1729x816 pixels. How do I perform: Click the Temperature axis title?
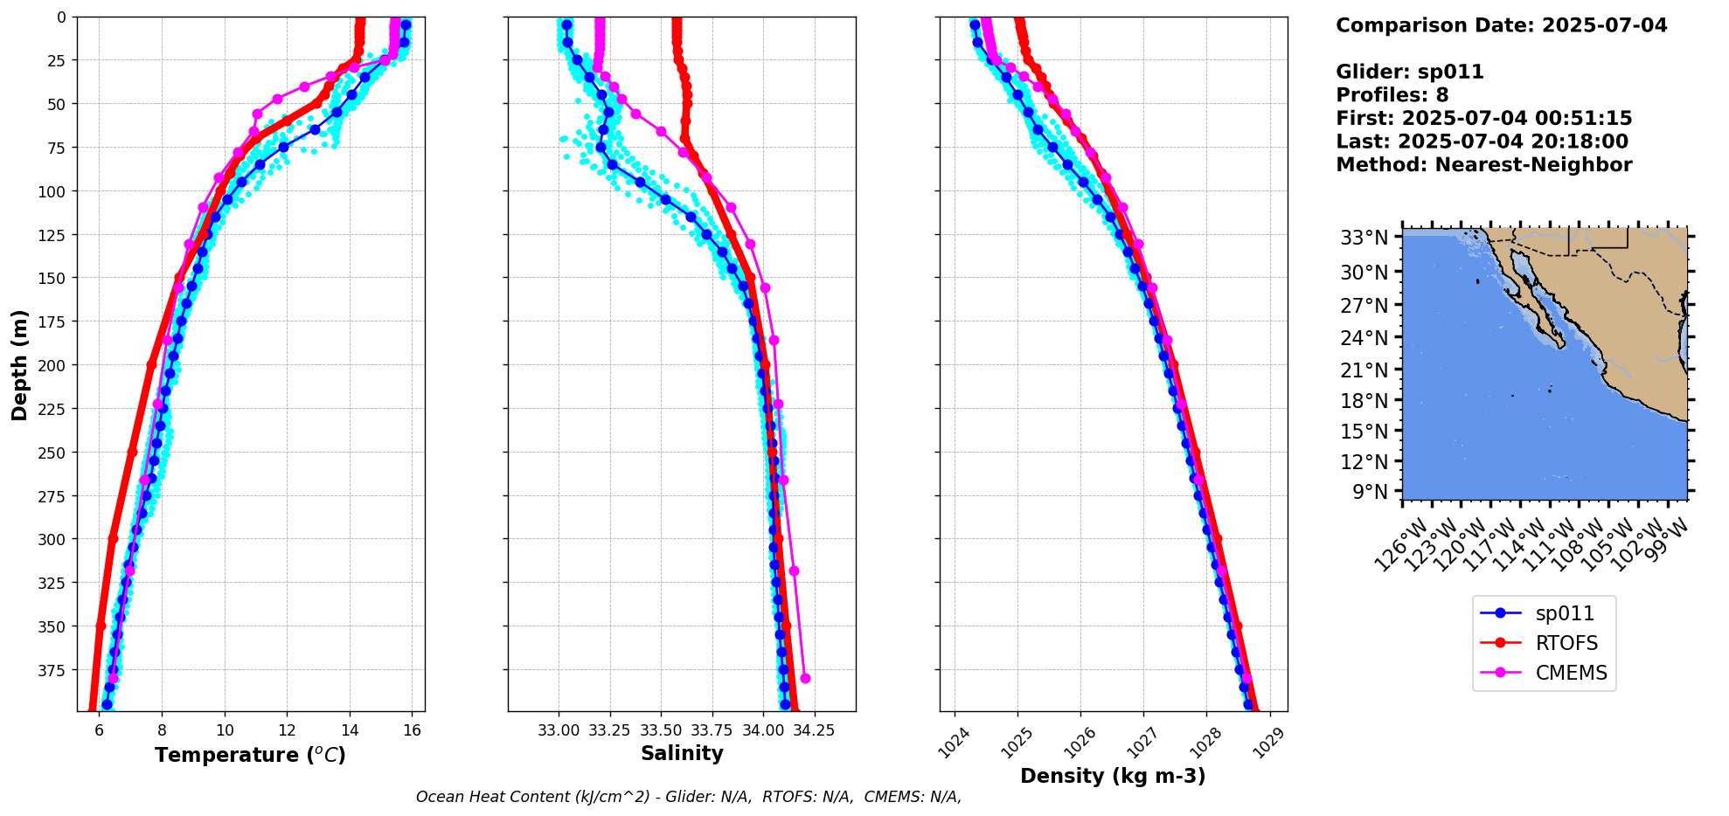(x=250, y=755)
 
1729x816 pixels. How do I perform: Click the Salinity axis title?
(x=682, y=753)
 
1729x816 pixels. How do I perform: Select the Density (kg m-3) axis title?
(x=1113, y=776)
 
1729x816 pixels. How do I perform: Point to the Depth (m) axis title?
(x=19, y=364)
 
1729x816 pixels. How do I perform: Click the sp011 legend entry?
(x=1565, y=614)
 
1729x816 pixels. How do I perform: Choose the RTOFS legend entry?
(x=1566, y=644)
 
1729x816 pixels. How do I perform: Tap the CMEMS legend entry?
(x=1571, y=674)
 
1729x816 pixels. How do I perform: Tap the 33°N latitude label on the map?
(x=1364, y=238)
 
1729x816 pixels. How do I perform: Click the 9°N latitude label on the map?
(x=1370, y=492)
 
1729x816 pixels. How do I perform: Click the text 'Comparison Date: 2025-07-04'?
(x=1501, y=25)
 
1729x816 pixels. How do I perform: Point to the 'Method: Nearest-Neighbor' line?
(x=1483, y=165)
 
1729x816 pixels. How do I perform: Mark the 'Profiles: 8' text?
(x=1392, y=95)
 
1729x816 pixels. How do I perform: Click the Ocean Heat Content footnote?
(x=688, y=797)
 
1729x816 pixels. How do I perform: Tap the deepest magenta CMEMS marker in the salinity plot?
(x=805, y=679)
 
